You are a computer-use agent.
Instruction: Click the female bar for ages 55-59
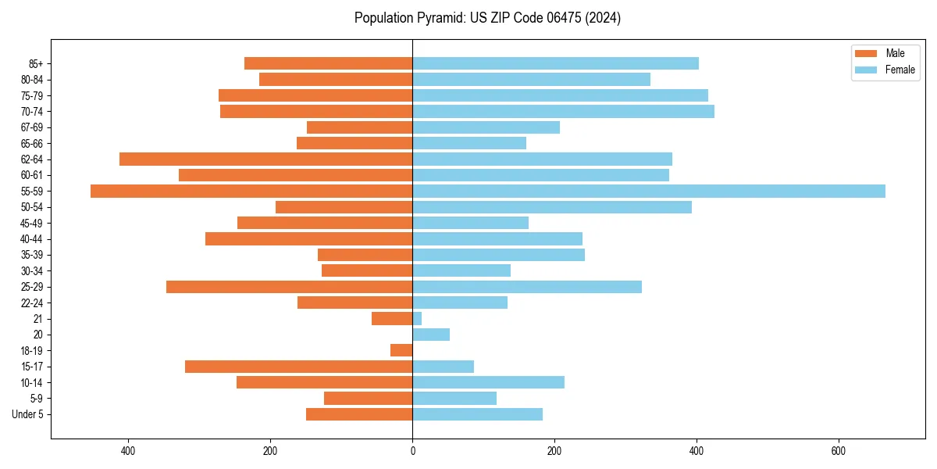pos(648,191)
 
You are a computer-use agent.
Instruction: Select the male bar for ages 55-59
pos(251,191)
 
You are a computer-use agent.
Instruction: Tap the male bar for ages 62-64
pos(265,159)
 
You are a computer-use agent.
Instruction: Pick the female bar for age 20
pos(431,335)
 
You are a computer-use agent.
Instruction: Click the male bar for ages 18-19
pos(401,350)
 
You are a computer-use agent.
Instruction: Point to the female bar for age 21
pos(417,318)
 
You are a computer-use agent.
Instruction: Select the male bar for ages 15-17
pos(298,367)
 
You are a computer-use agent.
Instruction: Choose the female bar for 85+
pos(555,63)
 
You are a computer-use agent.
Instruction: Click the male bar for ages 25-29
pos(289,287)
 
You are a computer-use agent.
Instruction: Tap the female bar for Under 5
pos(477,414)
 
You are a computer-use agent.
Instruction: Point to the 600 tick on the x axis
pos(838,452)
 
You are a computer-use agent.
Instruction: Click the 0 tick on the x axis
pos(412,452)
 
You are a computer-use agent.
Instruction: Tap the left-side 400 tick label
pos(128,452)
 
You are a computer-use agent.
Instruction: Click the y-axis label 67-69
pos(31,127)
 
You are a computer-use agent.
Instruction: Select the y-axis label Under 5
pos(27,414)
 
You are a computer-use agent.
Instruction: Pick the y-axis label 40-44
pos(31,239)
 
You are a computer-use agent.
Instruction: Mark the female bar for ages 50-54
pos(551,207)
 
